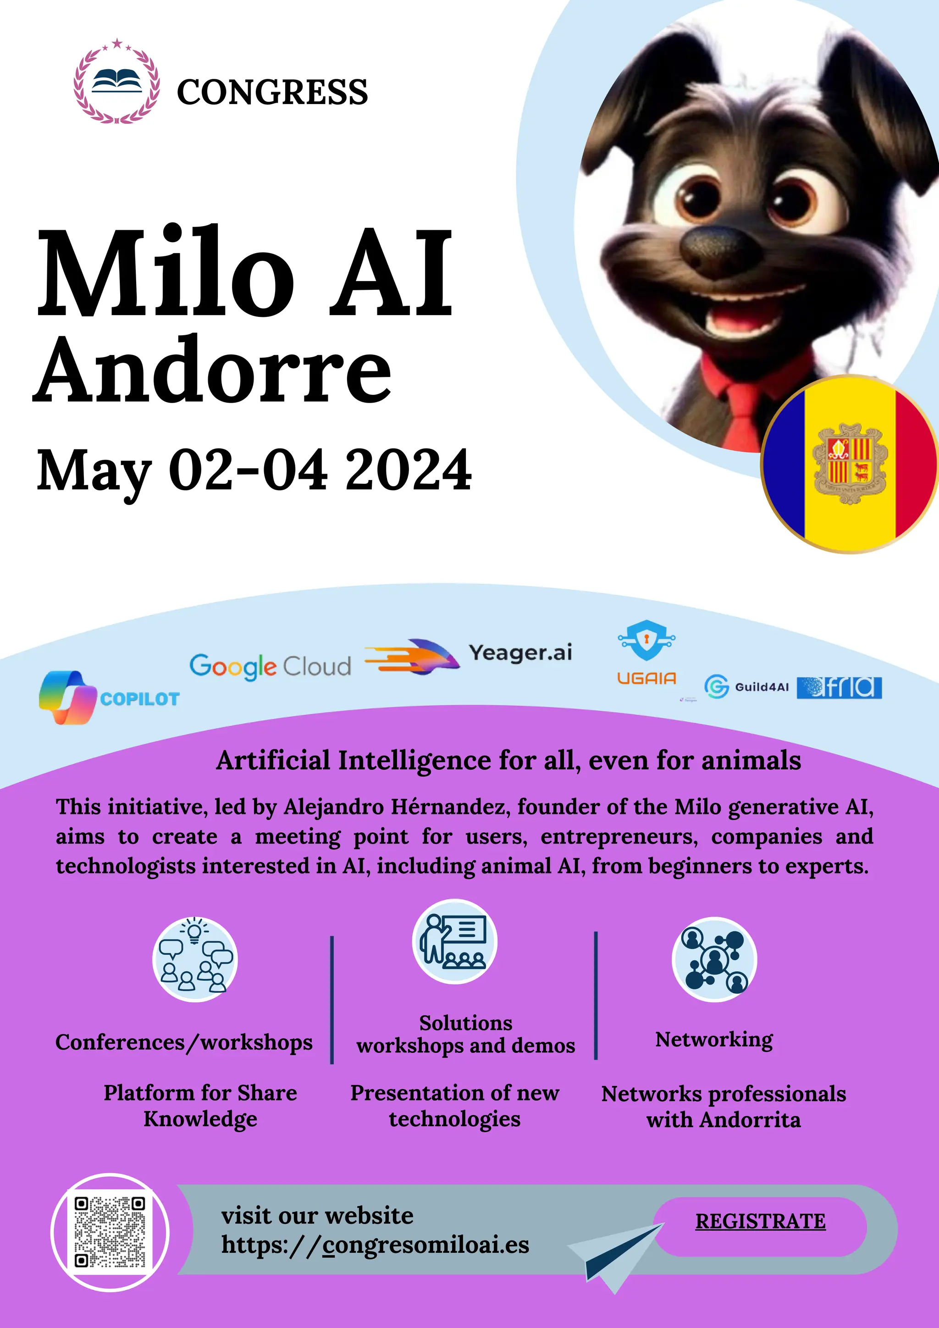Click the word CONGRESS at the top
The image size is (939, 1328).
[x=272, y=92]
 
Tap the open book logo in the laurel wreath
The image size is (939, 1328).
[x=117, y=82]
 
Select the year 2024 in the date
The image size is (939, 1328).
[x=408, y=470]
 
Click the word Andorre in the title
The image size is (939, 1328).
[x=213, y=370]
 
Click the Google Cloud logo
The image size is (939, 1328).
[x=270, y=667]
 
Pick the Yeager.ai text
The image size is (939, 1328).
[x=520, y=653]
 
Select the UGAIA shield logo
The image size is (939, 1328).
[x=646, y=642]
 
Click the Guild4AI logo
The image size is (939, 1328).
[x=746, y=686]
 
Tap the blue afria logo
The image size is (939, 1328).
[x=839, y=687]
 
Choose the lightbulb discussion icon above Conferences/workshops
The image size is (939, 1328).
[x=195, y=959]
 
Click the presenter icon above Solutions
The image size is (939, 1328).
[x=454, y=941]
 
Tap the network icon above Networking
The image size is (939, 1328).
[x=714, y=959]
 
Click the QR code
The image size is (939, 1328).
[x=110, y=1233]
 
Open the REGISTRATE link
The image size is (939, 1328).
[x=760, y=1221]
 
